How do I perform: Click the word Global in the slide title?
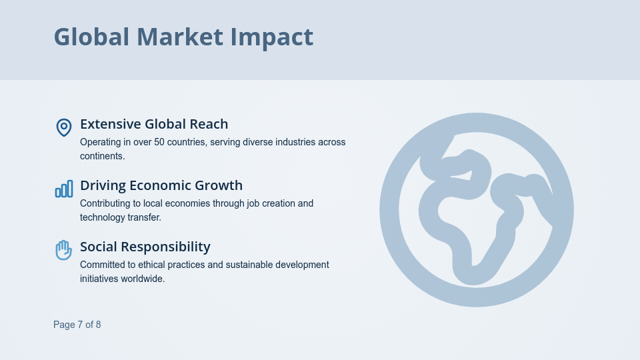pyautogui.click(x=91, y=37)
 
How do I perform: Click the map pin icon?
pyautogui.click(x=63, y=127)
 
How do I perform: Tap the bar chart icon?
pyautogui.click(x=63, y=189)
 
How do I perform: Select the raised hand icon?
pyautogui.click(x=63, y=250)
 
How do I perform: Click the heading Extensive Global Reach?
pyautogui.click(x=154, y=124)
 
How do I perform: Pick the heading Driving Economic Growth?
pyautogui.click(x=161, y=185)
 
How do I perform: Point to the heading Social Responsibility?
pyautogui.click(x=145, y=247)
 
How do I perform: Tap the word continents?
pyautogui.click(x=101, y=156)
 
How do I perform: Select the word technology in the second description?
pyautogui.click(x=102, y=217)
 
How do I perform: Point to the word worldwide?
pyautogui.click(x=143, y=279)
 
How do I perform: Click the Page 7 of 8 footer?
pyautogui.click(x=77, y=325)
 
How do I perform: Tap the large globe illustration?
pyautogui.click(x=476, y=209)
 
